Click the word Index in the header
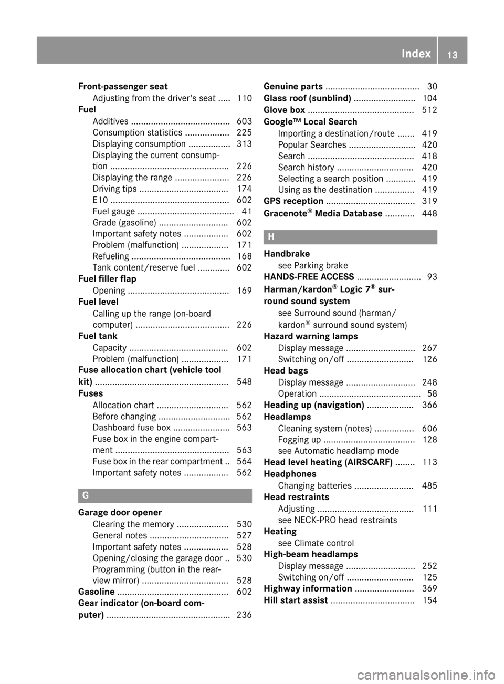[x=416, y=54]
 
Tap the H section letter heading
[x=271, y=237]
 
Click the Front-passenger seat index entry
[x=123, y=86]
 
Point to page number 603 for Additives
[x=244, y=121]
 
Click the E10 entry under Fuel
[x=100, y=200]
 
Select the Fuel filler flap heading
[x=107, y=279]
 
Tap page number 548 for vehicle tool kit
[x=244, y=382]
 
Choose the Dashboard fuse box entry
[x=131, y=428]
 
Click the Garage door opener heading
[x=120, y=513]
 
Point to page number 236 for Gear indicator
[x=244, y=615]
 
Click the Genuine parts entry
[x=293, y=86]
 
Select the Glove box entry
[x=284, y=110]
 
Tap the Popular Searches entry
[x=312, y=144]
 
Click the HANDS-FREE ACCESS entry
[x=309, y=277]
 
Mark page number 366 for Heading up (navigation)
[x=429, y=405]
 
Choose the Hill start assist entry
[x=296, y=600]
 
